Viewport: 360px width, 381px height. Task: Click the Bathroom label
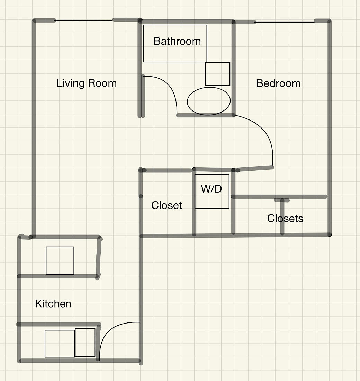point(177,41)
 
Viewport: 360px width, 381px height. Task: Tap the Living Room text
point(87,83)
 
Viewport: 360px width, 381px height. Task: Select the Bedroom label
point(278,83)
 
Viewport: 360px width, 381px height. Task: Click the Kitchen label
point(53,304)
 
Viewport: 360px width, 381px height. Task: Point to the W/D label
point(211,189)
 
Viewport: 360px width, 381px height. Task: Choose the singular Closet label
point(166,205)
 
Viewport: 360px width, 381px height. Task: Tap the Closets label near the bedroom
point(285,219)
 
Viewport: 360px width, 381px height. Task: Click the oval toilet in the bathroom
point(209,101)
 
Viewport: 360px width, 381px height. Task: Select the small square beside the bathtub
point(218,74)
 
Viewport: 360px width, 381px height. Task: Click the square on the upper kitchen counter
point(60,261)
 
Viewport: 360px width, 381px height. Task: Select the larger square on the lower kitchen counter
point(60,344)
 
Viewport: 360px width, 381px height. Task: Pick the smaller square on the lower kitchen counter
point(85,342)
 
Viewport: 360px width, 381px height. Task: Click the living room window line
point(84,21)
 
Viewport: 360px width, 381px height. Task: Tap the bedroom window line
point(285,22)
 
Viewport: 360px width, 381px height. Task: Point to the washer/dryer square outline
point(212,191)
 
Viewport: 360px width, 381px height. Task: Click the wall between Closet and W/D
point(194,202)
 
